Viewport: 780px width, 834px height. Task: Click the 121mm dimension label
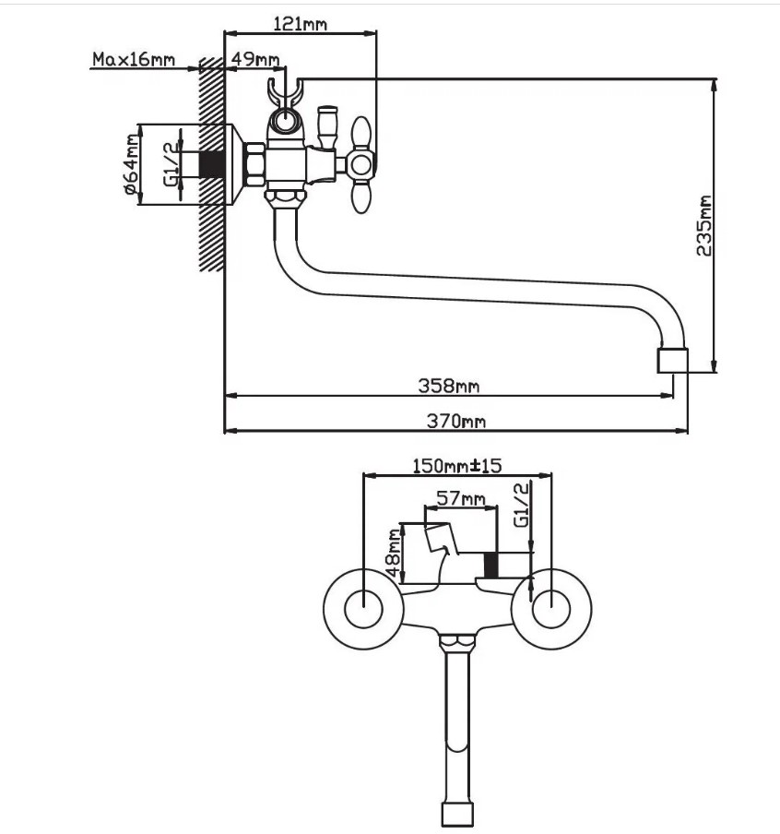pyautogui.click(x=300, y=24)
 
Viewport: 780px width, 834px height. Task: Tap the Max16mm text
pyautogui.click(x=134, y=58)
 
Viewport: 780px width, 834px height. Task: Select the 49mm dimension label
pyautogui.click(x=255, y=58)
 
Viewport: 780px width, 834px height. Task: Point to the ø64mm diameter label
pyautogui.click(x=133, y=164)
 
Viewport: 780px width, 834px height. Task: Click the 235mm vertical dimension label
pyautogui.click(x=703, y=225)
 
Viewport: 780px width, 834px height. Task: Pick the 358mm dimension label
pyautogui.click(x=448, y=386)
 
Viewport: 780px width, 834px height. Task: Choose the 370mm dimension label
pyautogui.click(x=456, y=422)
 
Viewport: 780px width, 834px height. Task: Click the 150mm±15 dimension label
pyautogui.click(x=457, y=466)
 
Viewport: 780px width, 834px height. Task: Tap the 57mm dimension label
pyautogui.click(x=461, y=498)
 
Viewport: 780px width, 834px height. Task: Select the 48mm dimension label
pyautogui.click(x=394, y=554)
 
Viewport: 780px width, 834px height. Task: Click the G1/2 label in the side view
pyautogui.click(x=171, y=164)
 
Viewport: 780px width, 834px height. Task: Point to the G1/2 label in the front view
pyautogui.click(x=522, y=505)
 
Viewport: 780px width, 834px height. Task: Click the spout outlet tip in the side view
pyautogui.click(x=673, y=361)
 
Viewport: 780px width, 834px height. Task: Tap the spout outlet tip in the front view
pyautogui.click(x=457, y=814)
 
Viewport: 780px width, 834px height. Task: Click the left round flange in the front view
pyautogui.click(x=363, y=609)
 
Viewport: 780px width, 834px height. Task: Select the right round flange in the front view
pyautogui.click(x=550, y=609)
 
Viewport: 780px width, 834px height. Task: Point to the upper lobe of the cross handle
pyautogui.click(x=361, y=134)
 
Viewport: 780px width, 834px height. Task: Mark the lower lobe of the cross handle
pyautogui.click(x=361, y=196)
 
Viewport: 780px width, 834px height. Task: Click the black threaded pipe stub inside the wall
pyautogui.click(x=212, y=164)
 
